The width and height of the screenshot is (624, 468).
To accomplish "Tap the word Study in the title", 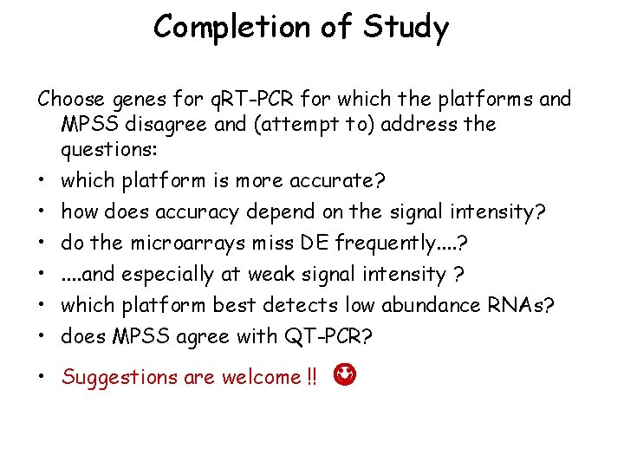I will tap(406, 27).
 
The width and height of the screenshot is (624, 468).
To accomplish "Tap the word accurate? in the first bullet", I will tap(342, 180).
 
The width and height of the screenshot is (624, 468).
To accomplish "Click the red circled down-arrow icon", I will tap(346, 375).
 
